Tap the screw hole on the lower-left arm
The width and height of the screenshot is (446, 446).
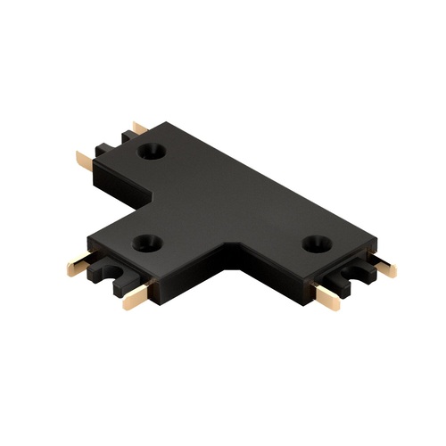point(147,242)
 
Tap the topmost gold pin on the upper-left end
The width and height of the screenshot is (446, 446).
point(139,128)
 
